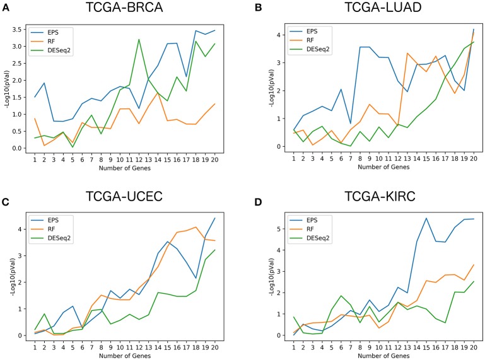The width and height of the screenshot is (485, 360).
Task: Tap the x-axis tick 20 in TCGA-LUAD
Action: coord(472,159)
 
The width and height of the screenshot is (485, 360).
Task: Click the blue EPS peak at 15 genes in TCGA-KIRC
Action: coord(426,218)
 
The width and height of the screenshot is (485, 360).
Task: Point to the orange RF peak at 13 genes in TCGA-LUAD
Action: coord(408,53)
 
